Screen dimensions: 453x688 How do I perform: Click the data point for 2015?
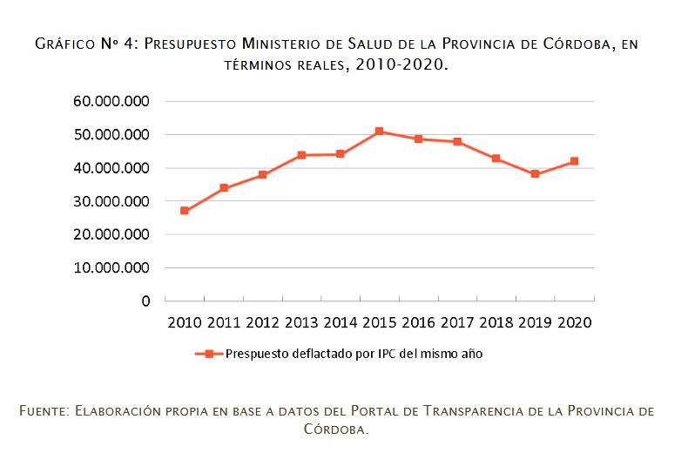tap(379, 132)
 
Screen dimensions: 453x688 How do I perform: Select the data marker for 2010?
tap(185, 211)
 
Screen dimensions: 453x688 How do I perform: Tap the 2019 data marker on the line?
tap(535, 174)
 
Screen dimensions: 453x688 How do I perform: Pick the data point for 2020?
tap(574, 161)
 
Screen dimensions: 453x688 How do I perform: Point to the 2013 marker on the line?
tap(301, 155)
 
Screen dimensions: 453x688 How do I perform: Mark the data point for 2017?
tap(457, 142)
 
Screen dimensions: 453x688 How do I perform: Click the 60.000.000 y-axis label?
tap(112, 101)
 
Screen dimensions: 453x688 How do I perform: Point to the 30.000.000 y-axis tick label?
tap(112, 201)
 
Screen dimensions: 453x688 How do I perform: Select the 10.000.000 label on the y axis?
tap(112, 267)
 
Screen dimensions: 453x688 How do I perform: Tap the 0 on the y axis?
tap(145, 301)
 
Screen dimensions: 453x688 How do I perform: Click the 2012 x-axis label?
tap(262, 322)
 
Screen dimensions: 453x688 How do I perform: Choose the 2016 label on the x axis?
tap(418, 322)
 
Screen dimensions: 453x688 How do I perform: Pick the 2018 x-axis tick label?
tap(496, 322)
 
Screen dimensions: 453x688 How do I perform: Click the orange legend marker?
tap(209, 354)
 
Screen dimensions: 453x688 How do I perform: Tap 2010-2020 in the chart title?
tap(401, 65)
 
